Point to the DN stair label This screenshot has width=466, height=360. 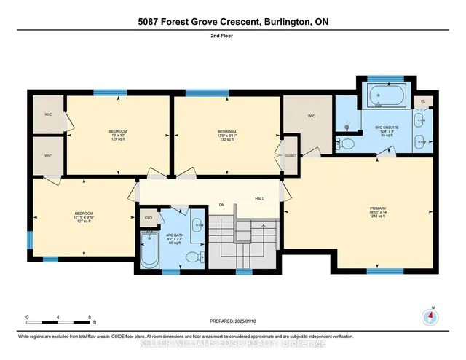pyautogui.click(x=221, y=205)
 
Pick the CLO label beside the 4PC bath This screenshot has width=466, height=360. pyautogui.click(x=149, y=217)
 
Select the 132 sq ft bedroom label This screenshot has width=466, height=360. pyautogui.click(x=226, y=136)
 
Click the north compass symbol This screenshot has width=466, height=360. pyautogui.click(x=430, y=317)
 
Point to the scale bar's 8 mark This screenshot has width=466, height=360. pyautogui.click(x=90, y=318)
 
